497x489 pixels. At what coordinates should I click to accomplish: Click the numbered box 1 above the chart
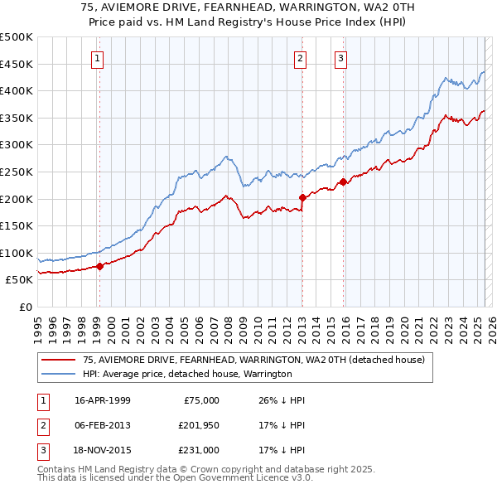pyautogui.click(x=98, y=58)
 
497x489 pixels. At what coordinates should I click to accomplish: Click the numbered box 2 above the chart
pyautogui.click(x=299, y=58)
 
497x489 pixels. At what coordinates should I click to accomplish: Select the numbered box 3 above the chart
pyautogui.click(x=340, y=58)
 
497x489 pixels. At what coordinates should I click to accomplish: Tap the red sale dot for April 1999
pyautogui.click(x=99, y=266)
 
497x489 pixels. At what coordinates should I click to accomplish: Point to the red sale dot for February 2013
pyautogui.click(x=302, y=198)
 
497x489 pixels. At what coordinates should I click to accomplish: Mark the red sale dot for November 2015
pyautogui.click(x=343, y=182)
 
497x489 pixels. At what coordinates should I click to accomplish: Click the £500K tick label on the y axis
pyautogui.click(x=17, y=37)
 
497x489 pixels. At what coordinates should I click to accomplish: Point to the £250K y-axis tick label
pyautogui.click(x=17, y=172)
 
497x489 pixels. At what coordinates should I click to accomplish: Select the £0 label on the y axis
pyautogui.click(x=27, y=307)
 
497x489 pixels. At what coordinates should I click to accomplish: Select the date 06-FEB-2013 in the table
pyautogui.click(x=103, y=425)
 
